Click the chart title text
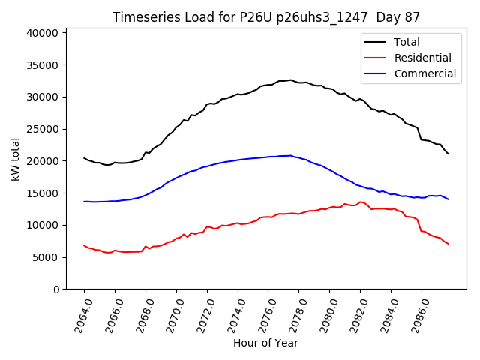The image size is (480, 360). [265, 17]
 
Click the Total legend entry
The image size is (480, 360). [406, 42]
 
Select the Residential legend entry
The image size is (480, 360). [422, 58]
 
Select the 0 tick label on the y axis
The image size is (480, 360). [56, 289]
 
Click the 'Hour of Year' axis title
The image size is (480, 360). [265, 343]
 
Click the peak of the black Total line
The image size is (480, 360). [290, 79]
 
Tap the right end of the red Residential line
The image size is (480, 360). [448, 244]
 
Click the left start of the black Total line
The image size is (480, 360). [84, 158]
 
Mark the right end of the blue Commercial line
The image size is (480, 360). [448, 199]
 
